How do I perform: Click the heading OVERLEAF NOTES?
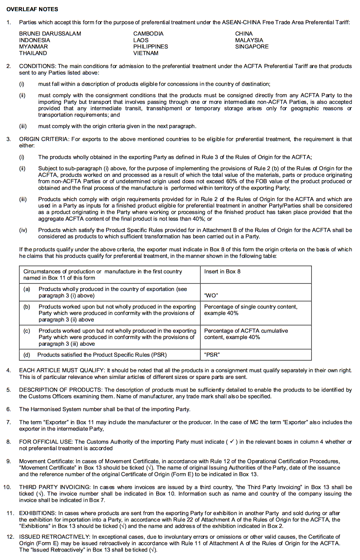click(32, 9)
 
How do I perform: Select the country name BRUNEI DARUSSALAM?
click(50, 34)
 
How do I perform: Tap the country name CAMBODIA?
click(148, 34)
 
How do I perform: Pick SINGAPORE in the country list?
click(252, 47)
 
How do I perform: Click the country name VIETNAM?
click(146, 53)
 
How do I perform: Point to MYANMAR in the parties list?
click(34, 47)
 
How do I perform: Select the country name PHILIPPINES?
click(150, 47)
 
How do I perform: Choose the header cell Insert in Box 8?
click(222, 272)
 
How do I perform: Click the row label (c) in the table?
click(27, 330)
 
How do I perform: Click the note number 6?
click(8, 409)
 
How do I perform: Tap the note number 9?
click(8, 461)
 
